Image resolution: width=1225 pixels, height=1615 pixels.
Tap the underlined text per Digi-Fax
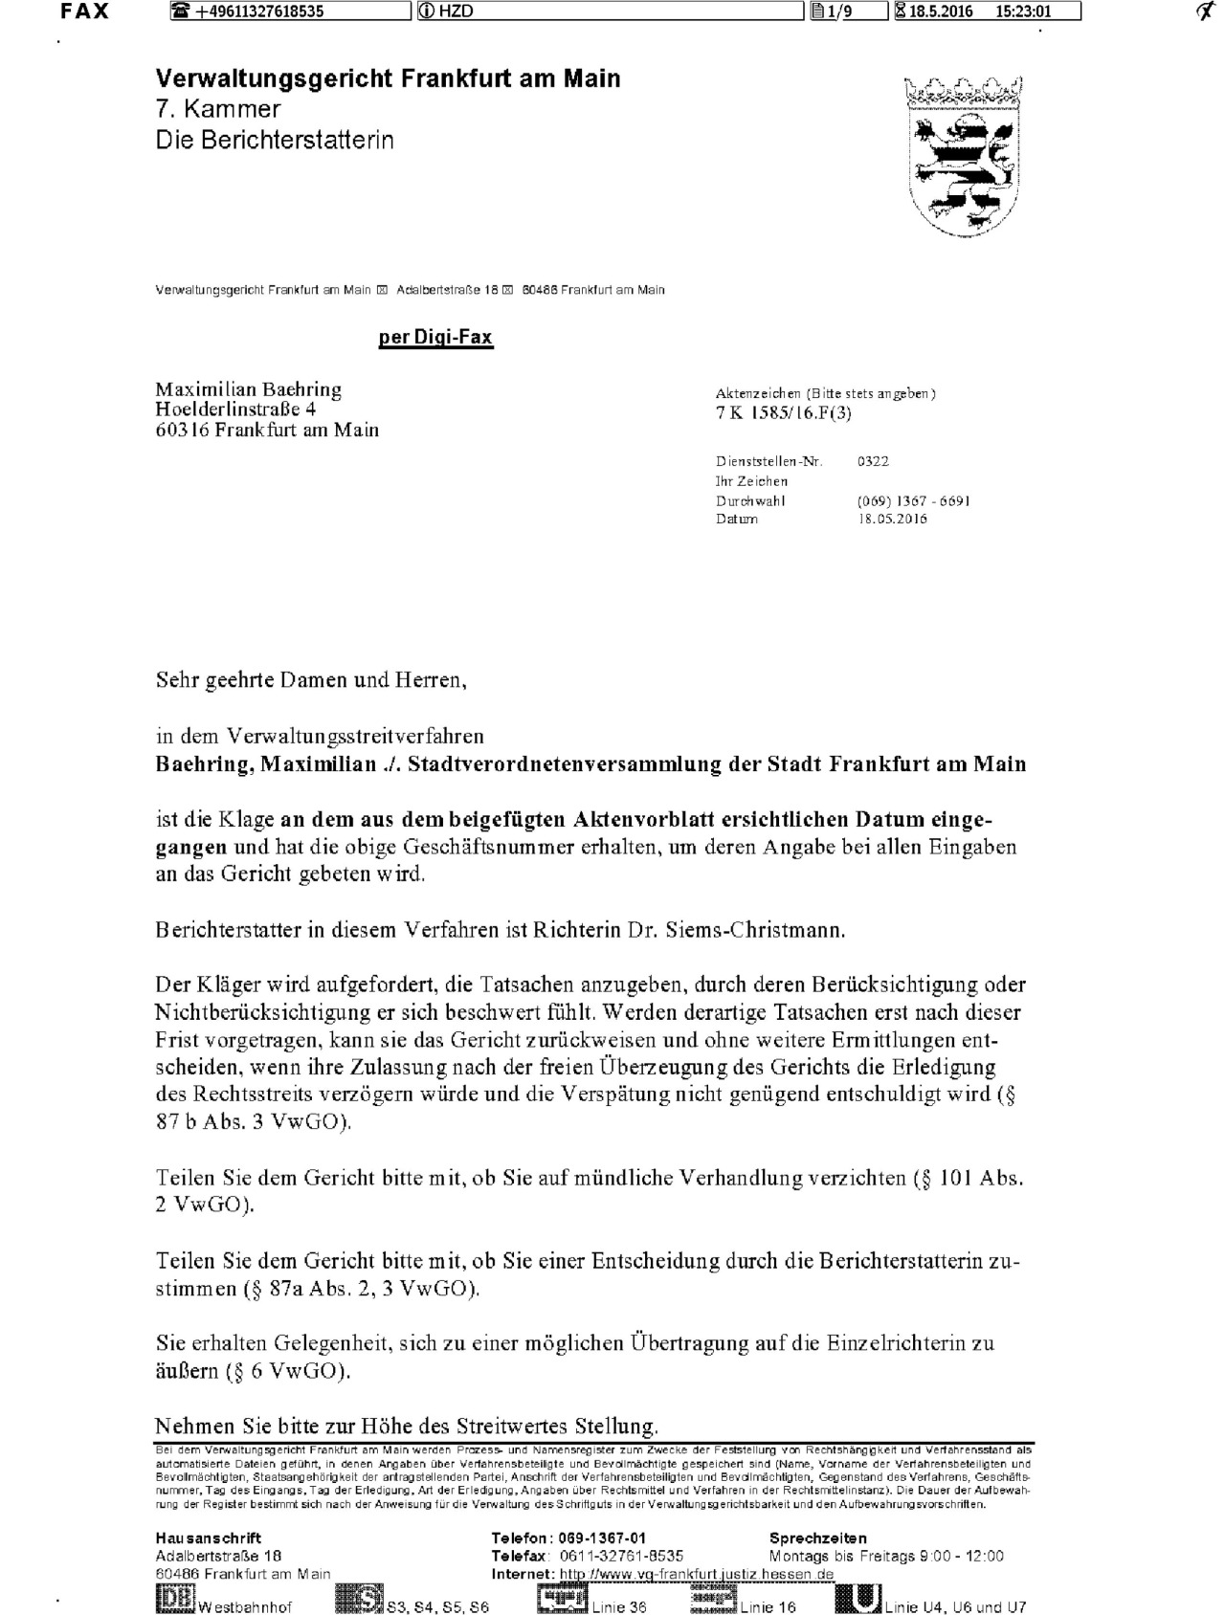(435, 337)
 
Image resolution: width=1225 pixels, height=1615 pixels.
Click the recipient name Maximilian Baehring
(249, 389)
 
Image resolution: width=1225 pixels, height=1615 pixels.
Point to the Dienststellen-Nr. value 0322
(873, 461)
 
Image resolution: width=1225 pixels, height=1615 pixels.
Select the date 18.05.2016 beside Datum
(893, 520)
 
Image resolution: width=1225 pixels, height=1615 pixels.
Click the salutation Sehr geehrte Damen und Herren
(311, 680)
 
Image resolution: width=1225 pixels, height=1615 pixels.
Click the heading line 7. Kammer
(218, 109)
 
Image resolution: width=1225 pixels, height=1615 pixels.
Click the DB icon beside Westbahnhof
(175, 1599)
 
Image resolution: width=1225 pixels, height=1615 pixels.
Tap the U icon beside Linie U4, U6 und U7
(857, 1599)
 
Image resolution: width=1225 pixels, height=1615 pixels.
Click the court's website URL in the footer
(697, 1575)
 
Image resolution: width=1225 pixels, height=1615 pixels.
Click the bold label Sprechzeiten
(818, 1538)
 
